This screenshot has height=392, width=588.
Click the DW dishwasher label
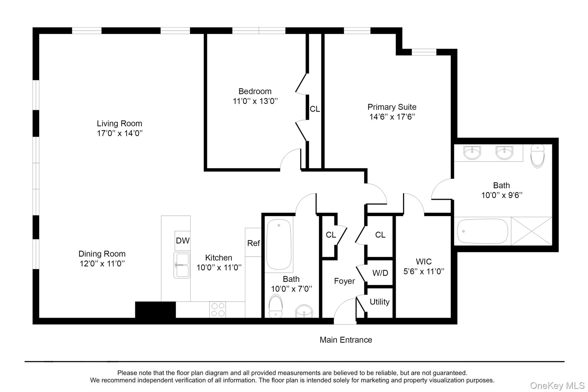coord(183,241)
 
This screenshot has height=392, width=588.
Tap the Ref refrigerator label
coord(254,243)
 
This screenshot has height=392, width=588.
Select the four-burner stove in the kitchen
coord(218,309)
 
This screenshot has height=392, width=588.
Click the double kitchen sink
coord(182,265)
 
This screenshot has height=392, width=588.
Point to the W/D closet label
coord(380,273)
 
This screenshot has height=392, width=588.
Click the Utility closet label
coord(380,302)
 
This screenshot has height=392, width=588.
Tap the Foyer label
coord(345,281)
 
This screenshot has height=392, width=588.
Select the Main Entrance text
coord(346,340)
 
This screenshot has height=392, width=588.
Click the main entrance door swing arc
coord(340,304)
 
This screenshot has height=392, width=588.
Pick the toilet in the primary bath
coord(537,156)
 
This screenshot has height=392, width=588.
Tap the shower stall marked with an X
coord(531,231)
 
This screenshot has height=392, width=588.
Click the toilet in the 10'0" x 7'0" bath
coord(276,307)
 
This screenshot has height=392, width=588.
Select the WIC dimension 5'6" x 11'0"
coord(424,271)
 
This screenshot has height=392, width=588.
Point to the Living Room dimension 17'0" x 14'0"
coord(120,133)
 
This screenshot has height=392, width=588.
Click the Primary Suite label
coord(392,107)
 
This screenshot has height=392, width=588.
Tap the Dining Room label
coord(102,254)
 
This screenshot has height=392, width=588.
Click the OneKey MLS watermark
coord(557,385)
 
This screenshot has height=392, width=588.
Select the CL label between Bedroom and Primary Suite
coord(315,109)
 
